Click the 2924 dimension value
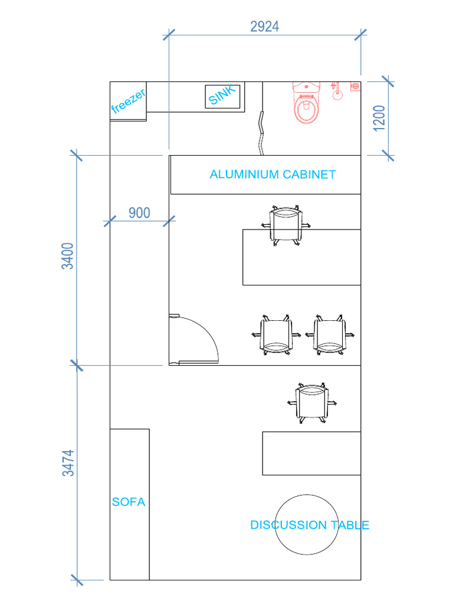tap(265, 27)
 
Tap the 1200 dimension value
tap(379, 118)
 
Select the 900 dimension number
tap(139, 212)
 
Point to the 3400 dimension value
tap(68, 256)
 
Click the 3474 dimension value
tap(68, 463)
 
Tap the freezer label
tap(128, 101)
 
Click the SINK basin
tap(222, 96)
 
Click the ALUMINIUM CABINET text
tap(273, 175)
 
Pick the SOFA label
tap(129, 502)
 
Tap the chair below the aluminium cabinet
tap(285, 226)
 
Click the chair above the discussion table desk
tap(312, 403)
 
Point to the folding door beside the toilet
tap(261, 133)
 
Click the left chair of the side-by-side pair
tap(276, 335)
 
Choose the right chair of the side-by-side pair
tap(330, 335)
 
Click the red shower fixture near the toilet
tap(337, 91)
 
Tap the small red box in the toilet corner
tap(355, 86)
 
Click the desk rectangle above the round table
tap(311, 454)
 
